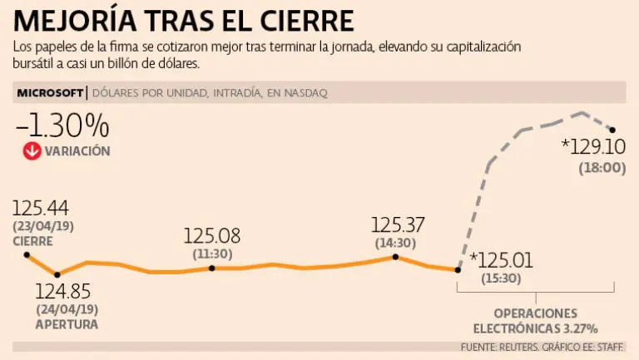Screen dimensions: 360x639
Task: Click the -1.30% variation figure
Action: pos(62,126)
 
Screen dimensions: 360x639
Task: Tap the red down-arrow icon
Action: pos(32,151)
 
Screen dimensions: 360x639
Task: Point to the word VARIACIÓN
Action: pos(77,151)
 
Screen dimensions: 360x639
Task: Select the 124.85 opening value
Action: pos(62,292)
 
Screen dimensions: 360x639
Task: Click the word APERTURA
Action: pos(67,324)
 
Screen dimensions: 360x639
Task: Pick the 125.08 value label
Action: pos(211,236)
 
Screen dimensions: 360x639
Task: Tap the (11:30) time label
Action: pos(212,253)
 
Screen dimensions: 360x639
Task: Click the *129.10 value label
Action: pos(593,147)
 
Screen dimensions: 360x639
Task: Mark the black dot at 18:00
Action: pos(612,130)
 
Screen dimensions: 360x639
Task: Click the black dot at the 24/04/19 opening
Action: pos(57,274)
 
